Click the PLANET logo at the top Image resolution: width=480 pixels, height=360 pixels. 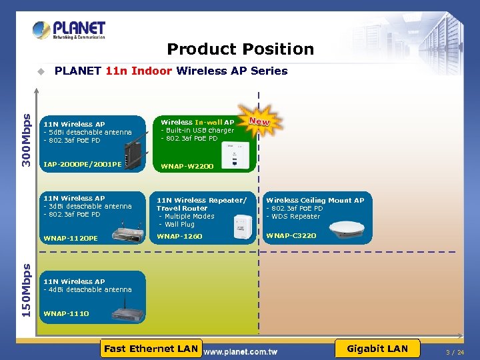click(69, 30)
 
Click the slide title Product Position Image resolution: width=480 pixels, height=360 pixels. click(240, 49)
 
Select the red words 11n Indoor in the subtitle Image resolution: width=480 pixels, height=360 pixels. click(139, 71)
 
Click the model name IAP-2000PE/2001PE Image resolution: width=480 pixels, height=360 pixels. click(82, 164)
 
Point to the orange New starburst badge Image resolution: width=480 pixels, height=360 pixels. click(259, 122)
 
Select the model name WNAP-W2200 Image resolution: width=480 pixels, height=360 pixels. click(187, 165)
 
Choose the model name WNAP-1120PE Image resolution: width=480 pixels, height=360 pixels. click(70, 238)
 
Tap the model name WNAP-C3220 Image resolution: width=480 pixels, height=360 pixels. click(291, 235)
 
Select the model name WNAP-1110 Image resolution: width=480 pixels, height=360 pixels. click(66, 313)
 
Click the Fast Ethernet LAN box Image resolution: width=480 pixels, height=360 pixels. click(151, 348)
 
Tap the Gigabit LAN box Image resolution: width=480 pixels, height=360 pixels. click(377, 348)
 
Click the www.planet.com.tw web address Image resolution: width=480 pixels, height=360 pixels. click(240, 351)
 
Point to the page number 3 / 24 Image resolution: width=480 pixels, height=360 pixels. click(455, 352)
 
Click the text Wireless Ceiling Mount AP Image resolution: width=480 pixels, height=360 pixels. click(315, 200)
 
